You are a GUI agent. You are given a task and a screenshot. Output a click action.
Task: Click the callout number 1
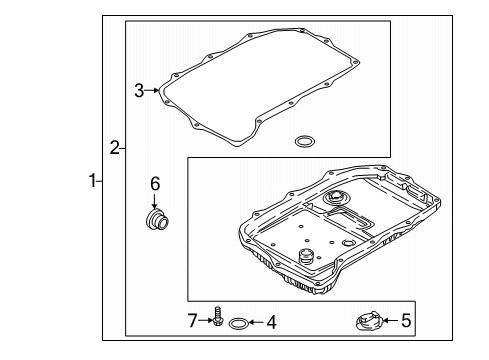92,181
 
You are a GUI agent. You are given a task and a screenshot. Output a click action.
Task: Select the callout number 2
115,147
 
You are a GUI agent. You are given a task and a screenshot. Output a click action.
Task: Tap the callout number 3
139,90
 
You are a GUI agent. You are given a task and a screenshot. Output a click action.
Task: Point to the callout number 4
272,322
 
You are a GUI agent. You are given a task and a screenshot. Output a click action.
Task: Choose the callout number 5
406,321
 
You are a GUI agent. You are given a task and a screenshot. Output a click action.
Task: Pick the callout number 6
155,184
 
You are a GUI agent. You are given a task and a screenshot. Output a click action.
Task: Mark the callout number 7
192,321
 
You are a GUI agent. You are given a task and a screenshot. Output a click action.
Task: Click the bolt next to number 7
218,316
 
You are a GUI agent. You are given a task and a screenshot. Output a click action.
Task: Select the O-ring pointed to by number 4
238,323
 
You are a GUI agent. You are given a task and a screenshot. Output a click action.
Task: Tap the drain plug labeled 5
369,321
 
